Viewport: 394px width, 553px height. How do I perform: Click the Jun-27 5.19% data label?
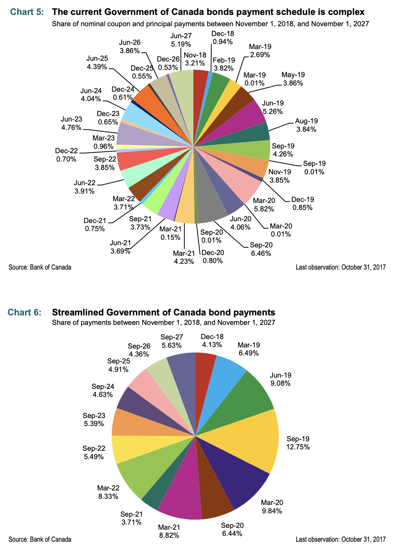point(181,40)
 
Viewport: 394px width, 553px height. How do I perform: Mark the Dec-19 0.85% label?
point(302,203)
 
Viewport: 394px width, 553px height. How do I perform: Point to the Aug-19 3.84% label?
point(306,125)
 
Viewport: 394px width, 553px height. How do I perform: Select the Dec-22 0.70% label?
point(66,155)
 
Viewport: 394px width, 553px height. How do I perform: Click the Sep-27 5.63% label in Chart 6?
point(172,341)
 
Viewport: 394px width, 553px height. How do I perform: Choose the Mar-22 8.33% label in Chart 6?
point(108,492)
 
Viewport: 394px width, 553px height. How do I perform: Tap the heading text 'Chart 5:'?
point(27,12)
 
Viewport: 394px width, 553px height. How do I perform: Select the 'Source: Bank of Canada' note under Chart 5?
point(40,267)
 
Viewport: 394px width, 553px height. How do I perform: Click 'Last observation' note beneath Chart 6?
point(341,539)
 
